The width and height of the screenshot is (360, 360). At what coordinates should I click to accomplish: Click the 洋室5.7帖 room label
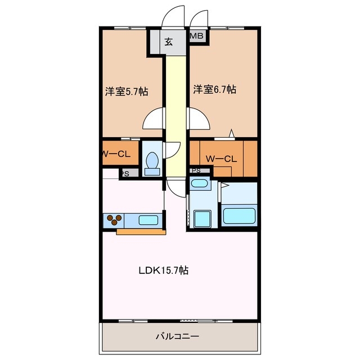coord(127,92)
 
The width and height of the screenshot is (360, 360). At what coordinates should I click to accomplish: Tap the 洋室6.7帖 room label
coord(214,89)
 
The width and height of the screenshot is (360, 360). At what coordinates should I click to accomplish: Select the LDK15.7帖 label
coord(164,271)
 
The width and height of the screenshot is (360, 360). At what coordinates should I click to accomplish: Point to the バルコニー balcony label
coord(177,336)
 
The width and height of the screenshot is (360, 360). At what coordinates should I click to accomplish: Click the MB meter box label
coord(196,36)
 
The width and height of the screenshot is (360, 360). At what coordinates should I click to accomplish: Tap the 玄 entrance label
coord(169,42)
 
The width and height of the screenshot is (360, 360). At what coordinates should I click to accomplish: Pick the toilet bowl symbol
coord(152,164)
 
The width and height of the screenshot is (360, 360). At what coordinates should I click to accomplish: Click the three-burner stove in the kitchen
coord(114,220)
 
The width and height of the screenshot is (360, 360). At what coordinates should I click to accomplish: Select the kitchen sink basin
coord(148,220)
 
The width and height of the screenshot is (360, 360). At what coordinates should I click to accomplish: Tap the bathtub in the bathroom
coord(239,216)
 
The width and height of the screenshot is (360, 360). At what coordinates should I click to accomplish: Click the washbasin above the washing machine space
coord(200,183)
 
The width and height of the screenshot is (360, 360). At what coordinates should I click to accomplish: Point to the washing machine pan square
coord(202,219)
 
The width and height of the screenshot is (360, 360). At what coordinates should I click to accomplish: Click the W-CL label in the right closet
coord(221,159)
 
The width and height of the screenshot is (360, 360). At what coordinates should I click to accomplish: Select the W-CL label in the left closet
coord(116,154)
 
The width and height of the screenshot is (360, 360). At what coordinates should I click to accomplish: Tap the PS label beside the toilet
coord(125,174)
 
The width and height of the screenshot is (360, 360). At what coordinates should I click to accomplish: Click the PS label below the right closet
coord(196,170)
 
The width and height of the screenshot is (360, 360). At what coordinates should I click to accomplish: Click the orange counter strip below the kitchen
coord(141,232)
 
